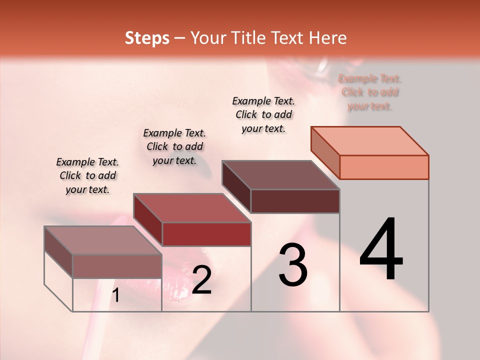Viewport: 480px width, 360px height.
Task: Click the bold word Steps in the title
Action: pos(147,38)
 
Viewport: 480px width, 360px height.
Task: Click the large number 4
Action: pos(381,249)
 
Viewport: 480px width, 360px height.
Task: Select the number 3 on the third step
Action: pos(292,265)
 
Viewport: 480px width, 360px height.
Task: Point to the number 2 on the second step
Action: pos(201,280)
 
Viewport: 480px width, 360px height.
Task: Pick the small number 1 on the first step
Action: pos(115,295)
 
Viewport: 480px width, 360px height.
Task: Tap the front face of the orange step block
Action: pos(384,167)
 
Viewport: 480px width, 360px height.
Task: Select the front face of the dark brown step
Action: pos(295,201)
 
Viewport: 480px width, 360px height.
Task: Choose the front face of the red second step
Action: pos(206,234)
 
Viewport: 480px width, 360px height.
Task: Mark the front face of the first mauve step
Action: pos(117,266)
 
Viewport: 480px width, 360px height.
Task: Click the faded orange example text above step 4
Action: pos(369,92)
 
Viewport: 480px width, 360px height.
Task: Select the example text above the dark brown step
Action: pos(263,114)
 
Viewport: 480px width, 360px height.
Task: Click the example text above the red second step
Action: pos(174,146)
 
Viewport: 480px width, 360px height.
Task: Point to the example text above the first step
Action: pos(87,175)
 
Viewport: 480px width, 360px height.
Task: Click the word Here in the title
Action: pos(328,38)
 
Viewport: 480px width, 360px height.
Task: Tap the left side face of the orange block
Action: pos(325,152)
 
